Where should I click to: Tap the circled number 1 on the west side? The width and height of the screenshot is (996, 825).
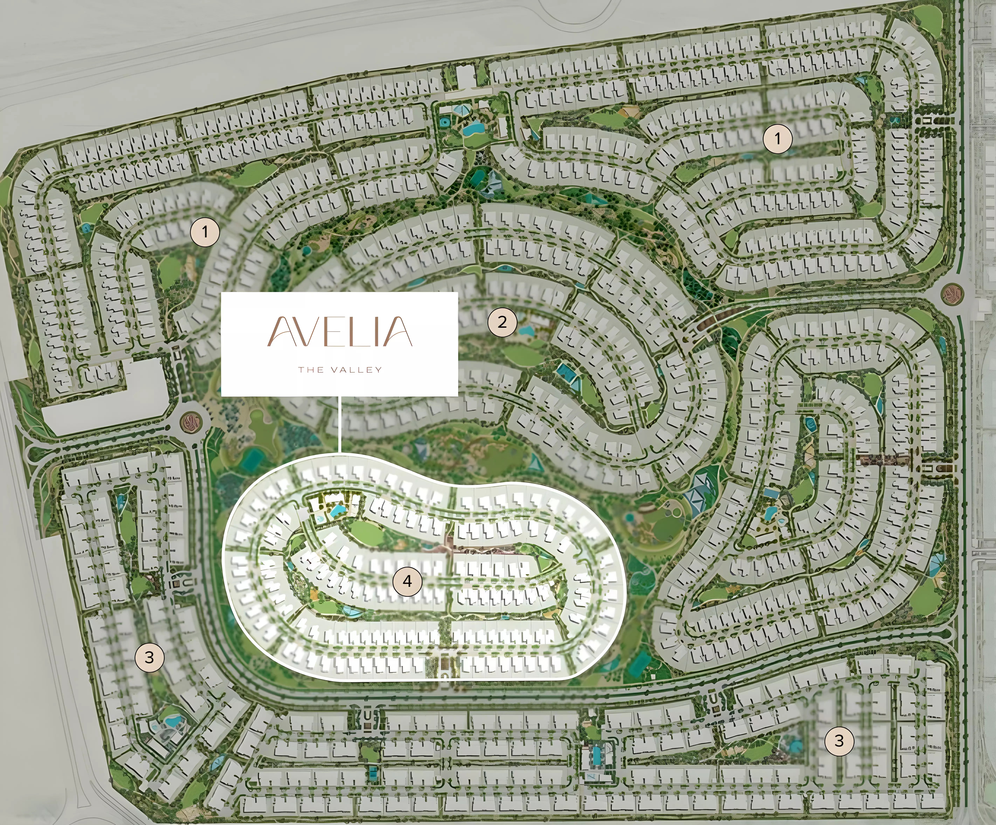click(x=205, y=232)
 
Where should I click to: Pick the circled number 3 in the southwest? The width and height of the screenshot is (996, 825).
click(x=149, y=657)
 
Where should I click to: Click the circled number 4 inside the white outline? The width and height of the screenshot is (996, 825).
click(x=407, y=581)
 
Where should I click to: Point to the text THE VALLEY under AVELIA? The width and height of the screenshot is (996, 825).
click(x=340, y=370)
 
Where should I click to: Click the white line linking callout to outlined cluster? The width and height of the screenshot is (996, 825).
click(x=340, y=424)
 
